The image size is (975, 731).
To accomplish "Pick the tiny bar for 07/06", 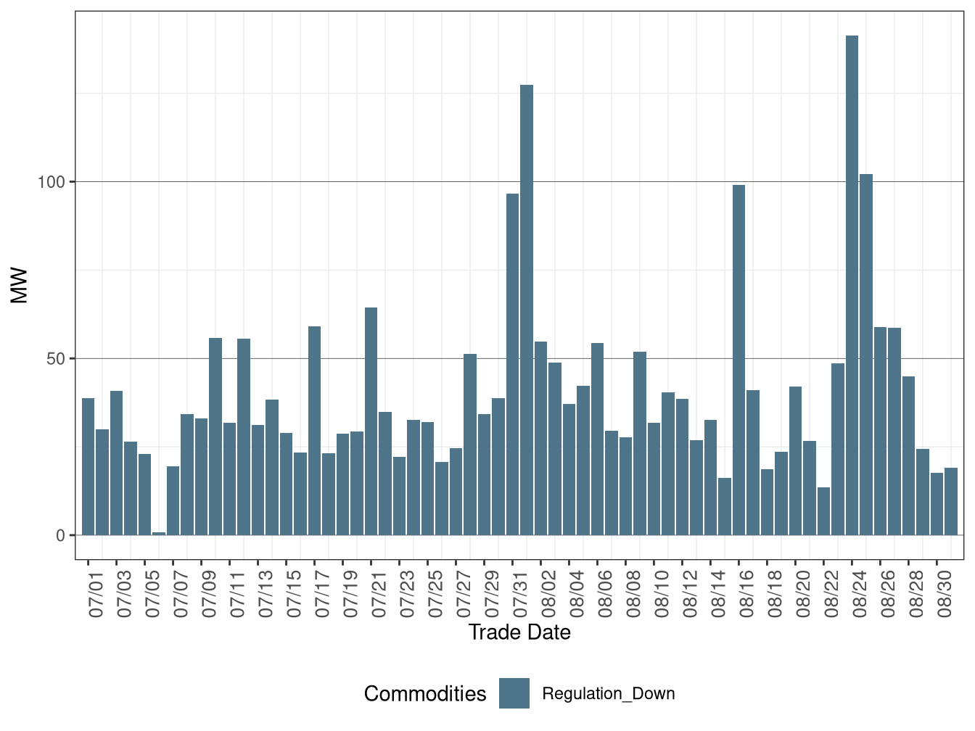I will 159,534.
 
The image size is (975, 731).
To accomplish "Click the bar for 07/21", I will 371,421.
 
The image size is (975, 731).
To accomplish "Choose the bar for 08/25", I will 866,355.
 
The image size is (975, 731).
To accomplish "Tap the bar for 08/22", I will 823,511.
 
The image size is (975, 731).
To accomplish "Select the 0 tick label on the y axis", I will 60,536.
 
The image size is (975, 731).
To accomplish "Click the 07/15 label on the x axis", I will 293,594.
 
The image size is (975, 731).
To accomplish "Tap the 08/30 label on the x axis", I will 944,594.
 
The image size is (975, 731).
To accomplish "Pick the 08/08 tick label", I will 633,594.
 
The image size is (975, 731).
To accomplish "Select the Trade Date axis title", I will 519,632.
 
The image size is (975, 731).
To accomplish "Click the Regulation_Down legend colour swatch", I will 514,693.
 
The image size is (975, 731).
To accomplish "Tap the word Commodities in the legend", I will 425,694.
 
